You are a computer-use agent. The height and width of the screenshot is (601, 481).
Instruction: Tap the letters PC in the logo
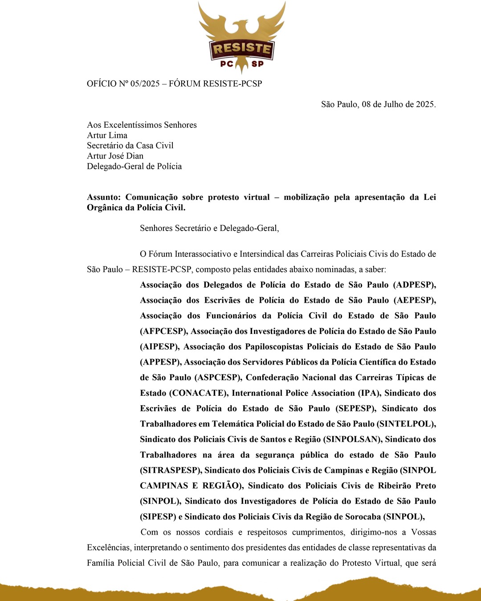click(227, 64)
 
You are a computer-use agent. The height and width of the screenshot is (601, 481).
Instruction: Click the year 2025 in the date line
click(425, 105)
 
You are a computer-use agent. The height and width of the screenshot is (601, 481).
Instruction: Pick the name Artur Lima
click(107, 135)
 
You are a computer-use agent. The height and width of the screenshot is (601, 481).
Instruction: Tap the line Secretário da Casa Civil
click(130, 146)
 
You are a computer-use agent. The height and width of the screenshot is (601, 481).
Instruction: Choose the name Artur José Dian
click(115, 156)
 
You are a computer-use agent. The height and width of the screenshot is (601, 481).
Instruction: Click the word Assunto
click(103, 197)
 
